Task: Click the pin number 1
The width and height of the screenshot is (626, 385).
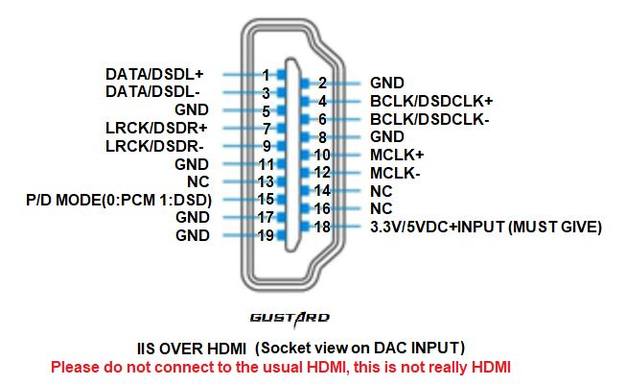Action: [265, 74]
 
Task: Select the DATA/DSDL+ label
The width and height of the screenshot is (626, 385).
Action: [155, 74]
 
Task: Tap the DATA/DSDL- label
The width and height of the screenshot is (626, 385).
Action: [153, 91]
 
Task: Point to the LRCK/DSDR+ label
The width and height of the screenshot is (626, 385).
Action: [155, 128]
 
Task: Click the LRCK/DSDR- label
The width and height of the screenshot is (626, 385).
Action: [154, 146]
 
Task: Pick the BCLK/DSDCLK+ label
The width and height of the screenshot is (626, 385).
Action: [430, 101]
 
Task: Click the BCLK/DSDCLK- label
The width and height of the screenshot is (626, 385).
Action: [429, 119]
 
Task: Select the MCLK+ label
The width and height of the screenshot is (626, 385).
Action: [396, 155]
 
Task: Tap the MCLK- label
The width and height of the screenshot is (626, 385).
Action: [395, 173]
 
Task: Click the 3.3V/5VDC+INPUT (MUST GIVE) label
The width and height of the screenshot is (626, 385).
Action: [485, 227]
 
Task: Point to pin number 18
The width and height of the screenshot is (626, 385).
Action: [322, 227]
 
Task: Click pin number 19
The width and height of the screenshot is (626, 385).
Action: [265, 235]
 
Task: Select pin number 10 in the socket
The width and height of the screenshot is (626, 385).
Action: [322, 155]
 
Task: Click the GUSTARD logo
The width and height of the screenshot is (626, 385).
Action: [290, 317]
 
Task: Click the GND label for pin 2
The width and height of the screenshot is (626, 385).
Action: [386, 83]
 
